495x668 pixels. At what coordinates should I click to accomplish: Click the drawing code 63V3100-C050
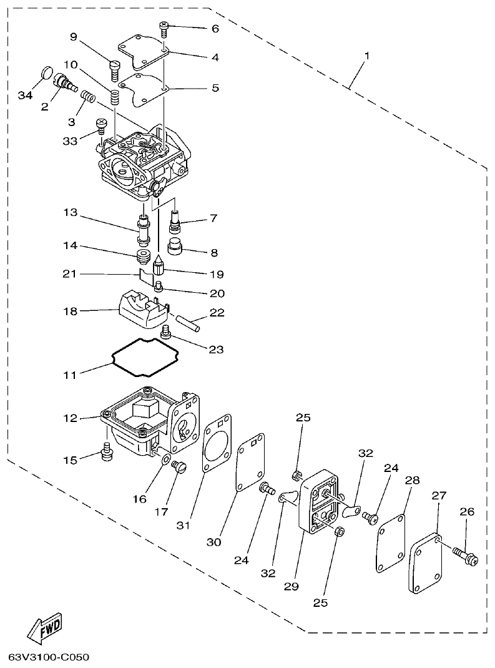[49, 657]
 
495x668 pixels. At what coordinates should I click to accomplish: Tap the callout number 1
[367, 56]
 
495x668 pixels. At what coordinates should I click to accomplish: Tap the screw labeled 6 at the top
[164, 27]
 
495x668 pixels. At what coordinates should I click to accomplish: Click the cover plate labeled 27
[427, 562]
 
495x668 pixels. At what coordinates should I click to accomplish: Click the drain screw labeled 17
[180, 466]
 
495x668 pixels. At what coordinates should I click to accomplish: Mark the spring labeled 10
[115, 97]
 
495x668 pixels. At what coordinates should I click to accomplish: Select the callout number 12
[69, 418]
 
